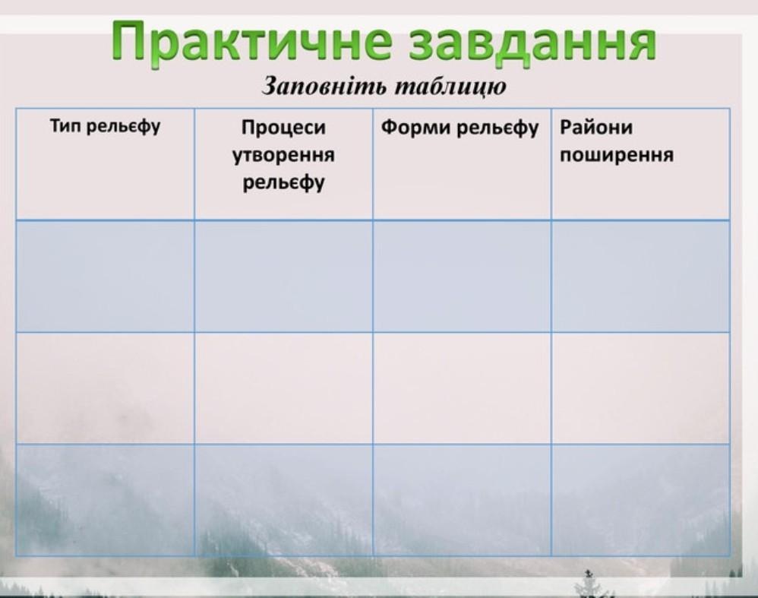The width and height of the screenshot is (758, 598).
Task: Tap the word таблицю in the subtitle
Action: [451, 87]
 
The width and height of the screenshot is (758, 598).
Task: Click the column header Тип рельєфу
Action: [105, 127]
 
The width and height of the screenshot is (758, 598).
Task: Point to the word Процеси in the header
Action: [284, 127]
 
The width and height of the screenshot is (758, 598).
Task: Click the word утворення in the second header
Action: [284, 155]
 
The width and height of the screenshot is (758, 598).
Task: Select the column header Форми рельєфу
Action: [460, 128]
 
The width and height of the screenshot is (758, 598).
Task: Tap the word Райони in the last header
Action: [596, 127]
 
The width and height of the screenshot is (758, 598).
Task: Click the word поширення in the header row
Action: [617, 155]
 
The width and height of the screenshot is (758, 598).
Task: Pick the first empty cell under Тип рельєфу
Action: [106, 277]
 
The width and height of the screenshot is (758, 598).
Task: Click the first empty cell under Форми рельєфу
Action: [462, 277]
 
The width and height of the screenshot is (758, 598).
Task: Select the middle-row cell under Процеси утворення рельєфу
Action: [284, 388]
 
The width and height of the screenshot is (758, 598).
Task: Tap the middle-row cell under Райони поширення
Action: [640, 388]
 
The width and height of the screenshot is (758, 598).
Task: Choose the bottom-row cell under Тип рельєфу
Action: [106, 500]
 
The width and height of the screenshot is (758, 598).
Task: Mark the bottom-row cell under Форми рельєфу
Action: [462, 500]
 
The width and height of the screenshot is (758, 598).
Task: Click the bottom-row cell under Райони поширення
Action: [640, 500]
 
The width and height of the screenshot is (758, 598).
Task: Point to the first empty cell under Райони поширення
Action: [640, 277]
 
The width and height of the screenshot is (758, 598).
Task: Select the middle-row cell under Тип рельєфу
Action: [106, 388]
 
